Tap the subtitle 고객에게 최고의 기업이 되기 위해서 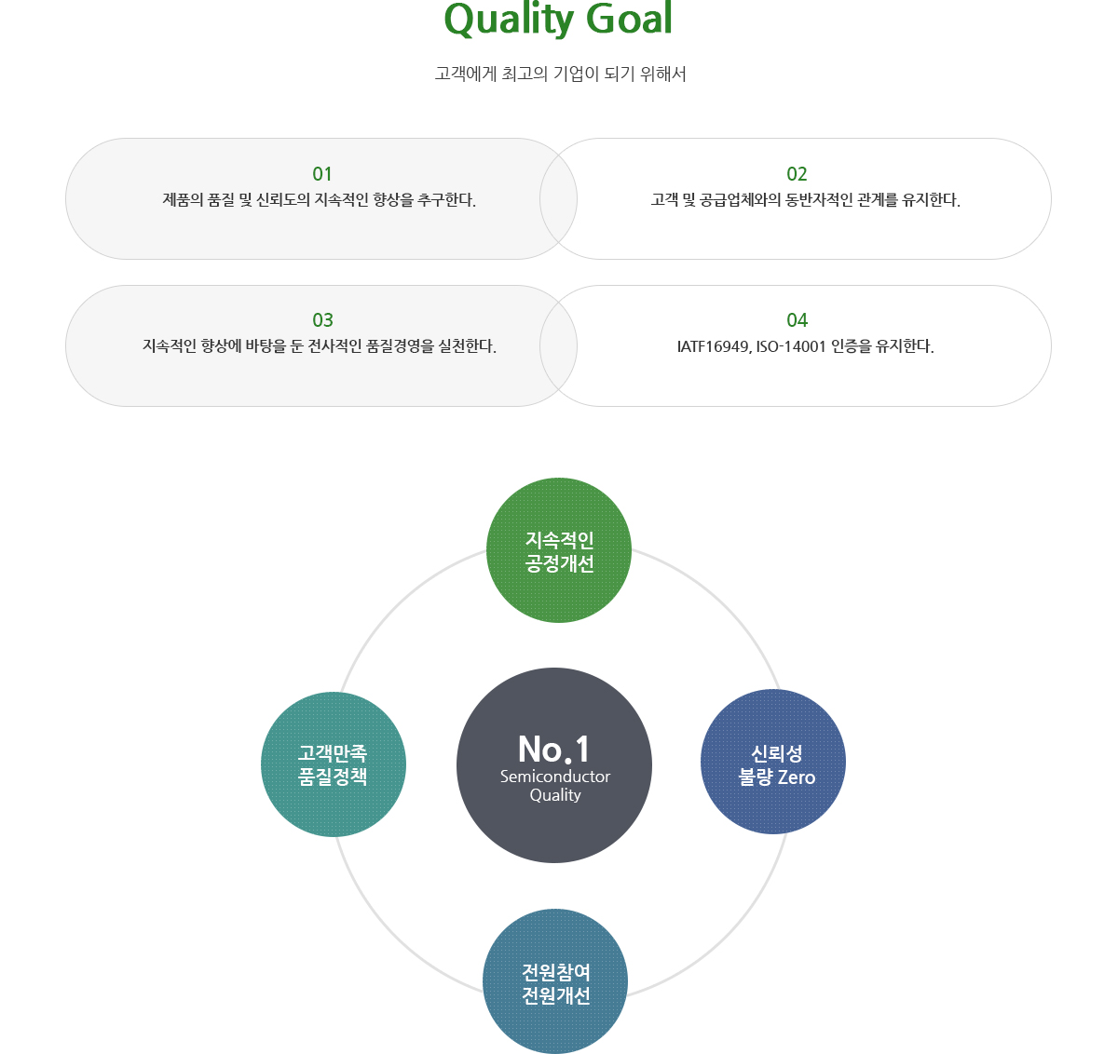coord(560,74)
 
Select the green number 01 coord(322,174)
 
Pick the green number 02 coord(797,174)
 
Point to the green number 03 coord(322,320)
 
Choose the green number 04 coord(798,320)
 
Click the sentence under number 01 coord(320,200)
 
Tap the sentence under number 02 coord(806,200)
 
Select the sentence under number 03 coord(320,345)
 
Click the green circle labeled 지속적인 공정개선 coord(558,550)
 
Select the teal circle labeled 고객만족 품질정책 coord(334,764)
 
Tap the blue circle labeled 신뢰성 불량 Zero coord(773,762)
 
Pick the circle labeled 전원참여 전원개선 coord(555,980)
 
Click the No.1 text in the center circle coord(554,749)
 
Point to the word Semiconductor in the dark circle coord(555,777)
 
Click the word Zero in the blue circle coord(797,777)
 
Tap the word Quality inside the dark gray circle coord(555,795)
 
